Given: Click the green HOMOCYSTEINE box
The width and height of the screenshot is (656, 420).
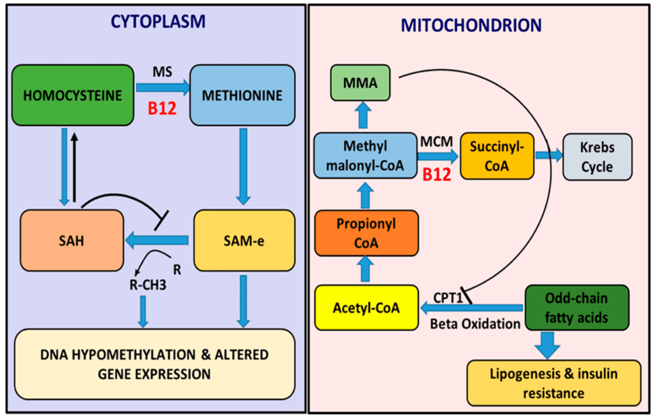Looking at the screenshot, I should (72, 95).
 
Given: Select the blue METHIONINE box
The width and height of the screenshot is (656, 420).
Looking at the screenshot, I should (242, 95).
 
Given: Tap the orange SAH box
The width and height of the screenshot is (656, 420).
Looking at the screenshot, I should (72, 240).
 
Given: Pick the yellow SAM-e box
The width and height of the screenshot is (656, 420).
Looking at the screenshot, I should (243, 240).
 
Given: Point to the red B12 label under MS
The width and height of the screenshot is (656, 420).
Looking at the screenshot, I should (163, 108).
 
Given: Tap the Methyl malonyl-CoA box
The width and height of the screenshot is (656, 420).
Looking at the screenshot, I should (365, 156).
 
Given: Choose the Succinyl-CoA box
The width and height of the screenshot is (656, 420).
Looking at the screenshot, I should (497, 156).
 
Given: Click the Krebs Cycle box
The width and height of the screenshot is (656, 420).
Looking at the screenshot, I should (597, 156).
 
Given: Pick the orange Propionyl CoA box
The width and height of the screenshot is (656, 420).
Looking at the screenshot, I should (366, 234).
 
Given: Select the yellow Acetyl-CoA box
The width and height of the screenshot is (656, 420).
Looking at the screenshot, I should (366, 309).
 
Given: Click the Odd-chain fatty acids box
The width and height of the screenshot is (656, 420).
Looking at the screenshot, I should (577, 307).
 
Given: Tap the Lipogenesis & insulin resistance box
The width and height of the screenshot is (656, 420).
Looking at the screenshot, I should (553, 383).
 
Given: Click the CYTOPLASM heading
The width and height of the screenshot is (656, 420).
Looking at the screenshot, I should (158, 22).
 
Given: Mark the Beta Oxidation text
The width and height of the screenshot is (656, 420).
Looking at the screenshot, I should (475, 324).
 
